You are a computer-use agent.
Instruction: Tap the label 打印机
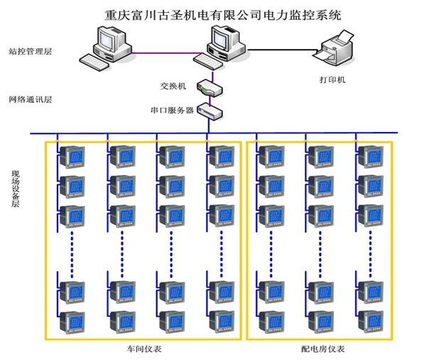tap(332, 80)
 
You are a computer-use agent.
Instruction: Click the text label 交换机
tap(173, 86)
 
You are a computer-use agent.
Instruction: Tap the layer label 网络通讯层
tap(31, 99)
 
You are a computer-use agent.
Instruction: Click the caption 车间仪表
tap(140, 350)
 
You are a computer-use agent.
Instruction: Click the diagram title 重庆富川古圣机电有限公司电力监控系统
tap(221, 13)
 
